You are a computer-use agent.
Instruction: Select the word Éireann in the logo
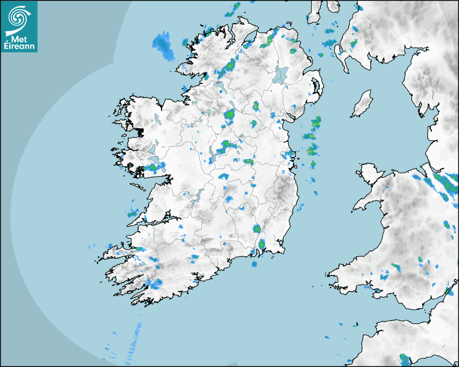click(x=19, y=47)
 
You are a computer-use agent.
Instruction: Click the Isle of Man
click(x=362, y=104)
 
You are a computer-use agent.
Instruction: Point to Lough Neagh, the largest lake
click(x=280, y=74)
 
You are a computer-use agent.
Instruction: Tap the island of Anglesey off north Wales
click(x=370, y=173)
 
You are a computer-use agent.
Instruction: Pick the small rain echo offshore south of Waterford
click(x=254, y=264)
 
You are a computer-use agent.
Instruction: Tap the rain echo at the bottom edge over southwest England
click(x=404, y=358)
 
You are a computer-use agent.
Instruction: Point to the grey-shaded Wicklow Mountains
click(x=281, y=192)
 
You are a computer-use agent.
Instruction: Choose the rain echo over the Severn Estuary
click(x=448, y=292)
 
